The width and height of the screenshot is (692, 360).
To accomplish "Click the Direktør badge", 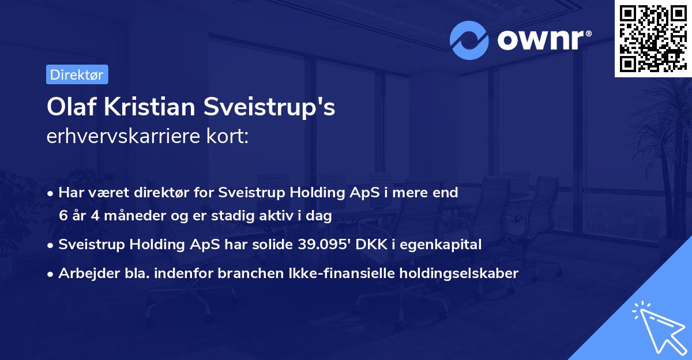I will tap(77, 74).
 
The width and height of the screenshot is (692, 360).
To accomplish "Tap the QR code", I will tap(652, 39).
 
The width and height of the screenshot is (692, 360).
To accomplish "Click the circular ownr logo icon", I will tap(469, 40).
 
